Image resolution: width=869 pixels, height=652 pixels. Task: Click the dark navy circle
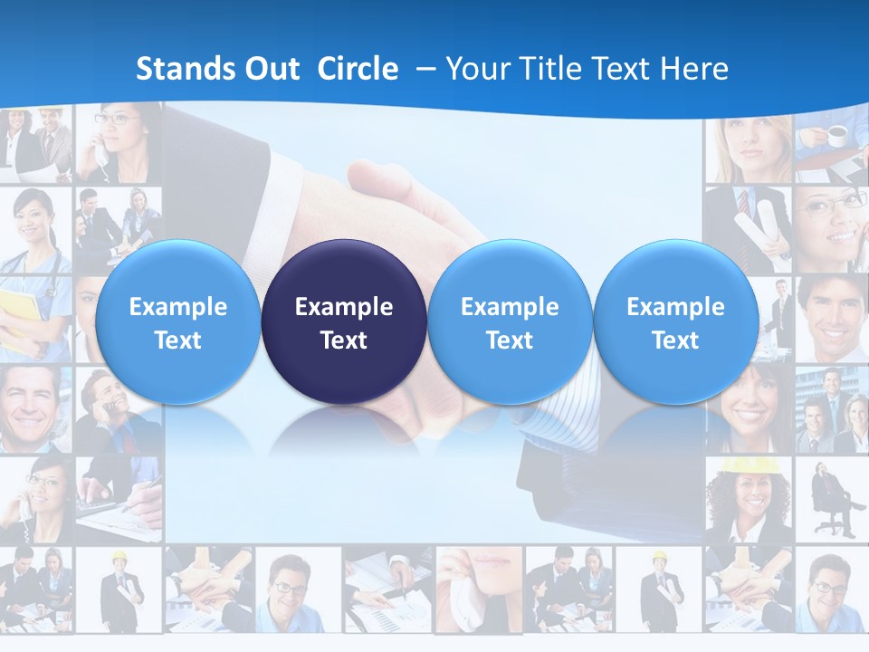[x=344, y=321]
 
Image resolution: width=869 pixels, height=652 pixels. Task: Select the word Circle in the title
[x=358, y=69]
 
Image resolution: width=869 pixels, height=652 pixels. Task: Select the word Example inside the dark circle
[x=344, y=307]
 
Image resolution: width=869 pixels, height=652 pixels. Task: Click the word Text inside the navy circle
[x=344, y=340]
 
